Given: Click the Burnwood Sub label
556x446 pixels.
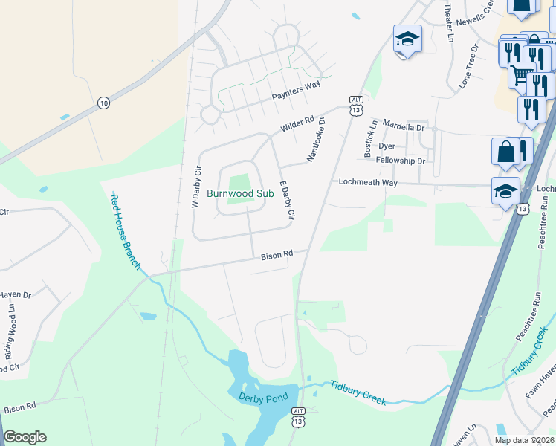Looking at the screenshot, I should click(240, 193).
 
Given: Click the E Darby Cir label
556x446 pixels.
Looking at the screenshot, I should click(286, 199).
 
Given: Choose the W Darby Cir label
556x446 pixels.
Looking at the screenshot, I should click(197, 186).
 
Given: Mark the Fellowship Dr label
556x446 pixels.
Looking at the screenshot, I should click(400, 161).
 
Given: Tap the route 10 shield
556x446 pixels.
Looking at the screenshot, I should click(103, 103).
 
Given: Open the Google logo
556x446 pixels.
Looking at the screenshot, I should click(25, 437).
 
